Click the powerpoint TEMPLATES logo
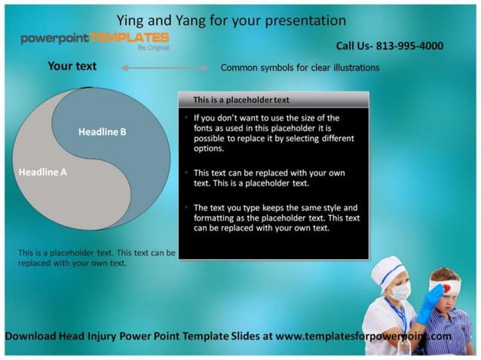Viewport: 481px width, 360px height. click(x=94, y=38)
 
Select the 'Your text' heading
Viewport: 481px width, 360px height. click(x=72, y=66)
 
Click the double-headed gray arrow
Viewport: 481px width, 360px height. click(x=164, y=69)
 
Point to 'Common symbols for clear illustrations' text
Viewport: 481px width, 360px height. click(x=299, y=68)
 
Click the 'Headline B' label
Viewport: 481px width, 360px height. click(x=102, y=133)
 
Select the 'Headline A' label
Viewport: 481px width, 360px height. click(x=42, y=172)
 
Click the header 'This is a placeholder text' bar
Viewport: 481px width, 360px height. click(x=273, y=99)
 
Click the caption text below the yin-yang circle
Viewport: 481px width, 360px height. click(x=96, y=258)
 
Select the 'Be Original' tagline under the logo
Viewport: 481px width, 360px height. click(x=152, y=47)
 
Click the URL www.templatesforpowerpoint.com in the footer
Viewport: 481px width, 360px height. click(x=363, y=336)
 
